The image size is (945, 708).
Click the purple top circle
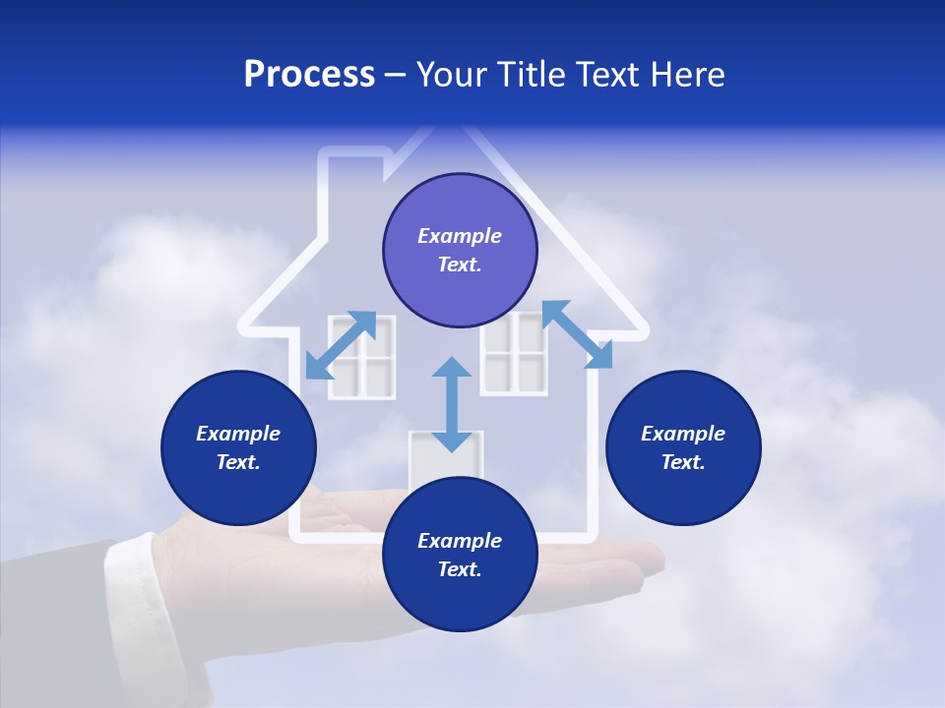pos(460,250)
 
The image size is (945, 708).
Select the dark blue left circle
pos(238,447)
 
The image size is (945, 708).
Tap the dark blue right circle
pos(683,447)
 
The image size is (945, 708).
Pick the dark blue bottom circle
pos(460,555)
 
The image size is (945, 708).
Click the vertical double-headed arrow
pos(452,404)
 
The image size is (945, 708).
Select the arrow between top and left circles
pos(341,344)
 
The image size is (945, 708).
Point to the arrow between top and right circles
pos(578,334)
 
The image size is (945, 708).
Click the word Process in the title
pos(309,75)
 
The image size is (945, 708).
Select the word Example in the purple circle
pos(460,236)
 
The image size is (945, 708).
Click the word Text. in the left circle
pos(238,462)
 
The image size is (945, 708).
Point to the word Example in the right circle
pos(683,434)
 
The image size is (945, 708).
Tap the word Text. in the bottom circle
pos(460,569)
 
